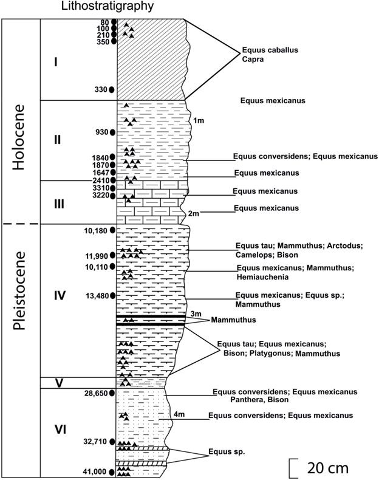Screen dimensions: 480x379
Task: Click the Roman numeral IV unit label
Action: click(60, 295)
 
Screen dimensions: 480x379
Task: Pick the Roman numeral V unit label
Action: click(60, 383)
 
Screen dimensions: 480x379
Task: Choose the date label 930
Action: click(101, 132)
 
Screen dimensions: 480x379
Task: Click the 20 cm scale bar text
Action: click(328, 468)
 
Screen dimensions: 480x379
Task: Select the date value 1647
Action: click(99, 173)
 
